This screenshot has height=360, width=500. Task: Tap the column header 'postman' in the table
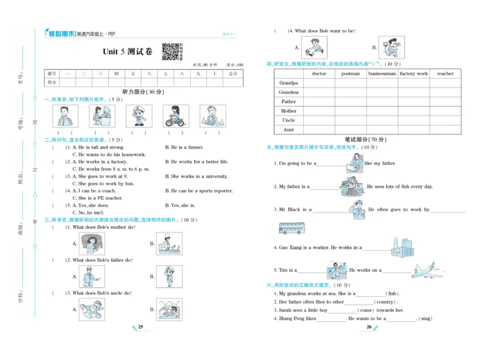point(351,74)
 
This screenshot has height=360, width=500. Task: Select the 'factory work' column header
point(414,74)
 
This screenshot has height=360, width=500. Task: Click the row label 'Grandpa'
point(288,83)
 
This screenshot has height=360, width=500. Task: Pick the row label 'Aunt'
point(288,130)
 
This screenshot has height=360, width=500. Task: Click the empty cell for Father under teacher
point(445,102)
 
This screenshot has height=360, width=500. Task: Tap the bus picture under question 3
point(292,228)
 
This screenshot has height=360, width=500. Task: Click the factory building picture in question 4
point(402,247)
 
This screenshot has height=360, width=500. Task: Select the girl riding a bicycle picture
point(176,116)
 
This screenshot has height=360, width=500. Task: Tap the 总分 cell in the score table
point(232,74)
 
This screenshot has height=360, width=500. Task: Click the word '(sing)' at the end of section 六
point(425,319)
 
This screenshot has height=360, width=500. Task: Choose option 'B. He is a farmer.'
point(184,147)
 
